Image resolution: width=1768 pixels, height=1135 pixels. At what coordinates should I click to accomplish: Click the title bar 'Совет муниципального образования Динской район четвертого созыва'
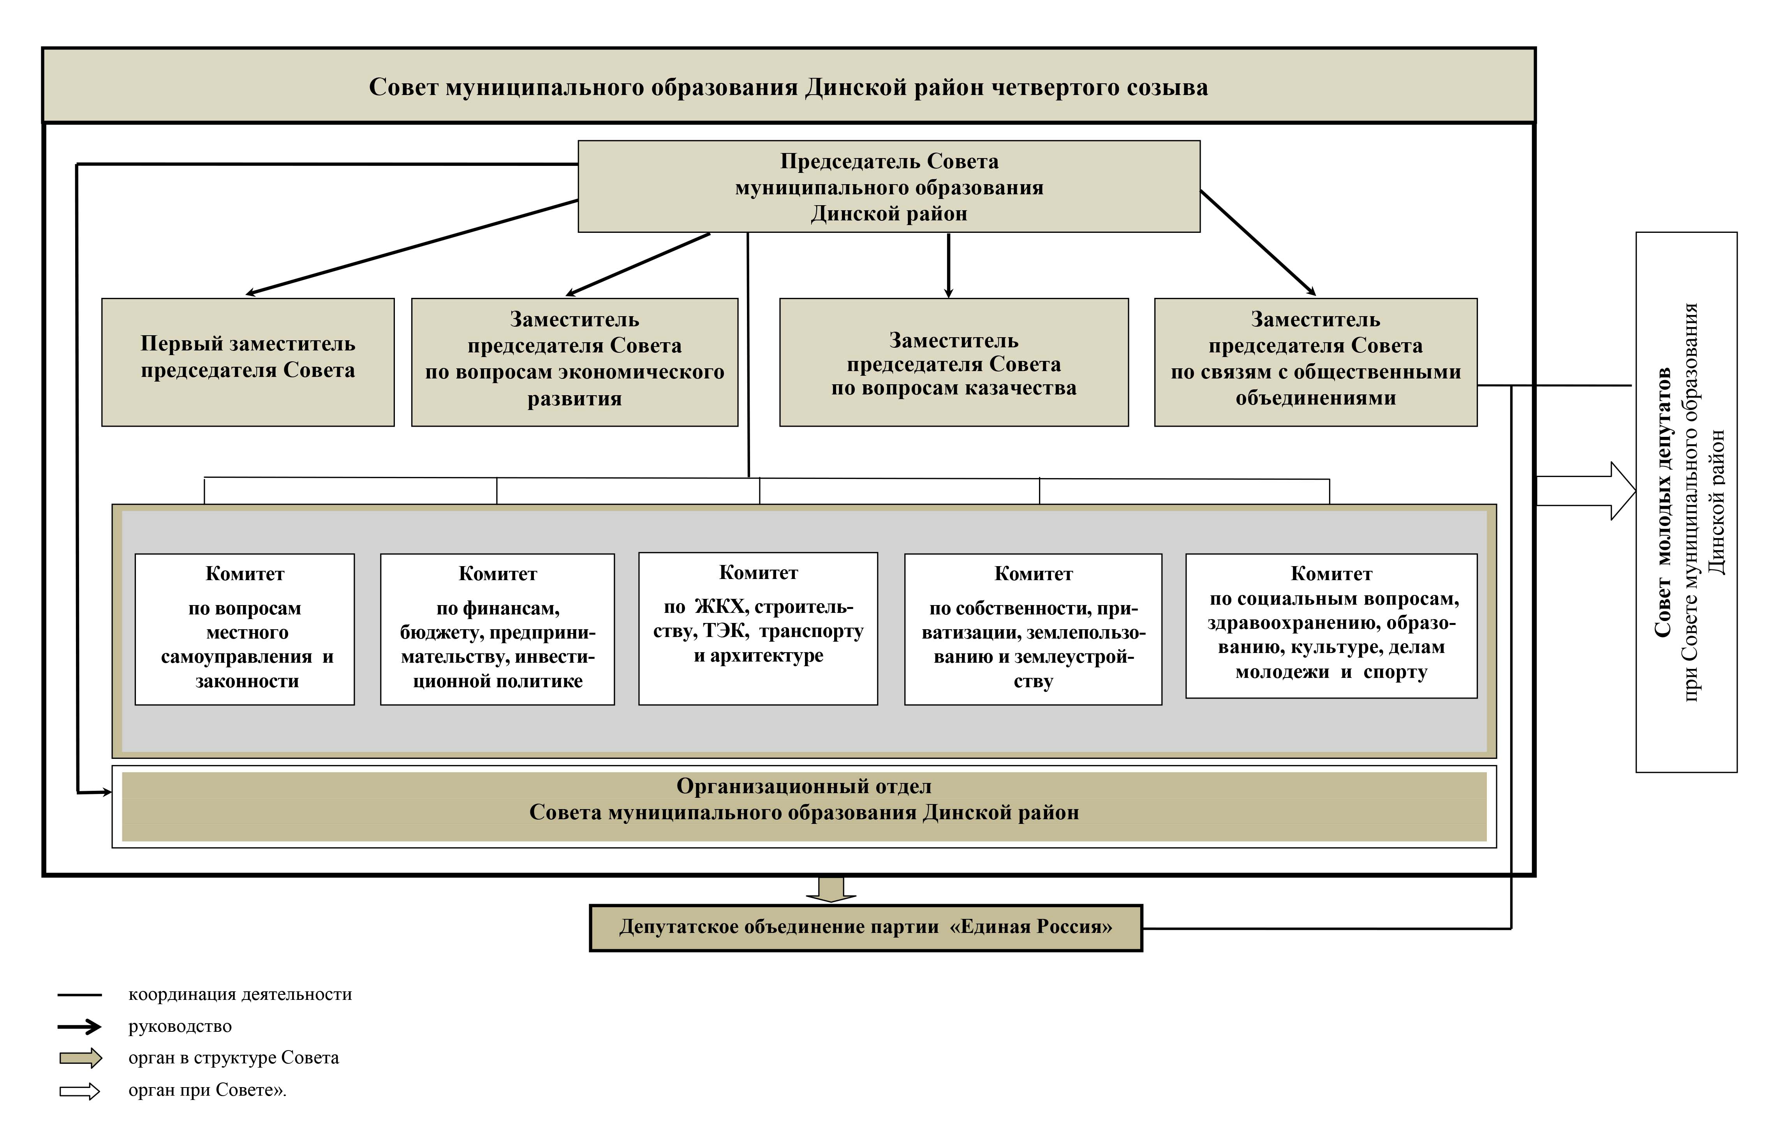coord(788,87)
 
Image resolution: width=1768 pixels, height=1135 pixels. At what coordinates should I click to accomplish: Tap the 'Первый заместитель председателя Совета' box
coord(248,362)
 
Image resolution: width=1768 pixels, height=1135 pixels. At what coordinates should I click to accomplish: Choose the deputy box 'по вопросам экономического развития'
coord(574,362)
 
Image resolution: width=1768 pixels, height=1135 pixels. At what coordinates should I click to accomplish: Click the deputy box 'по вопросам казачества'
coord(954,362)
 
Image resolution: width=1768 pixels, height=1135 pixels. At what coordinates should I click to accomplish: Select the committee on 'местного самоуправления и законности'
coord(245,629)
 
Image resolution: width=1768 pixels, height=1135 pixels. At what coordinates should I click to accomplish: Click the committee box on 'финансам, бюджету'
coord(497,629)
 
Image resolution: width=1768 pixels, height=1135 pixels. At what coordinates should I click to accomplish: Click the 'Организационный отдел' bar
coord(803,806)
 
